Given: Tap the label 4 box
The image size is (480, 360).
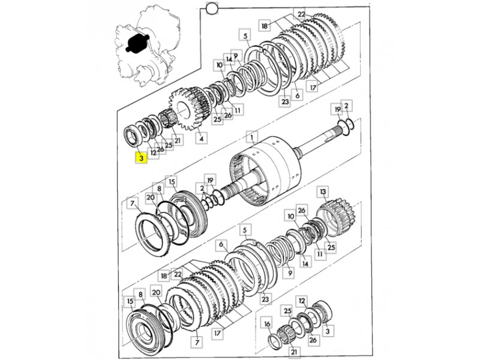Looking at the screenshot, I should click(x=201, y=139).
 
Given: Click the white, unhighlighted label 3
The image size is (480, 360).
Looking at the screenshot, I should click(x=327, y=331).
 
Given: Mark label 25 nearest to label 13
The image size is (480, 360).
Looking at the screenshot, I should click(x=331, y=247).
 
